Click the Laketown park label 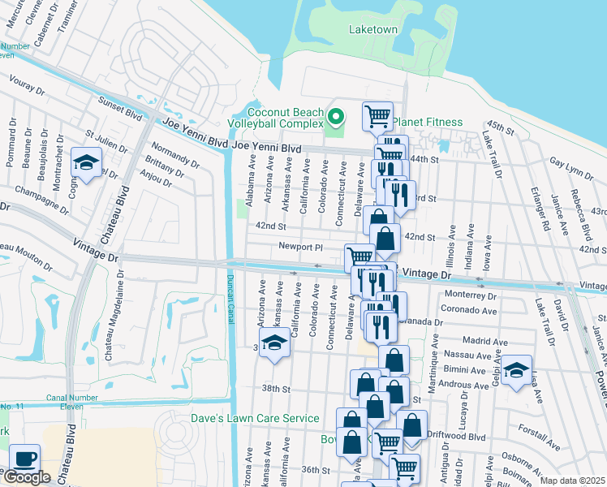[373, 29]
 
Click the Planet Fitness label [428, 123]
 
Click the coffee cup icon [24, 458]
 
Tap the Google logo [27, 477]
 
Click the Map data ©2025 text [572, 481]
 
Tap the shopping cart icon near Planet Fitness [377, 116]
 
